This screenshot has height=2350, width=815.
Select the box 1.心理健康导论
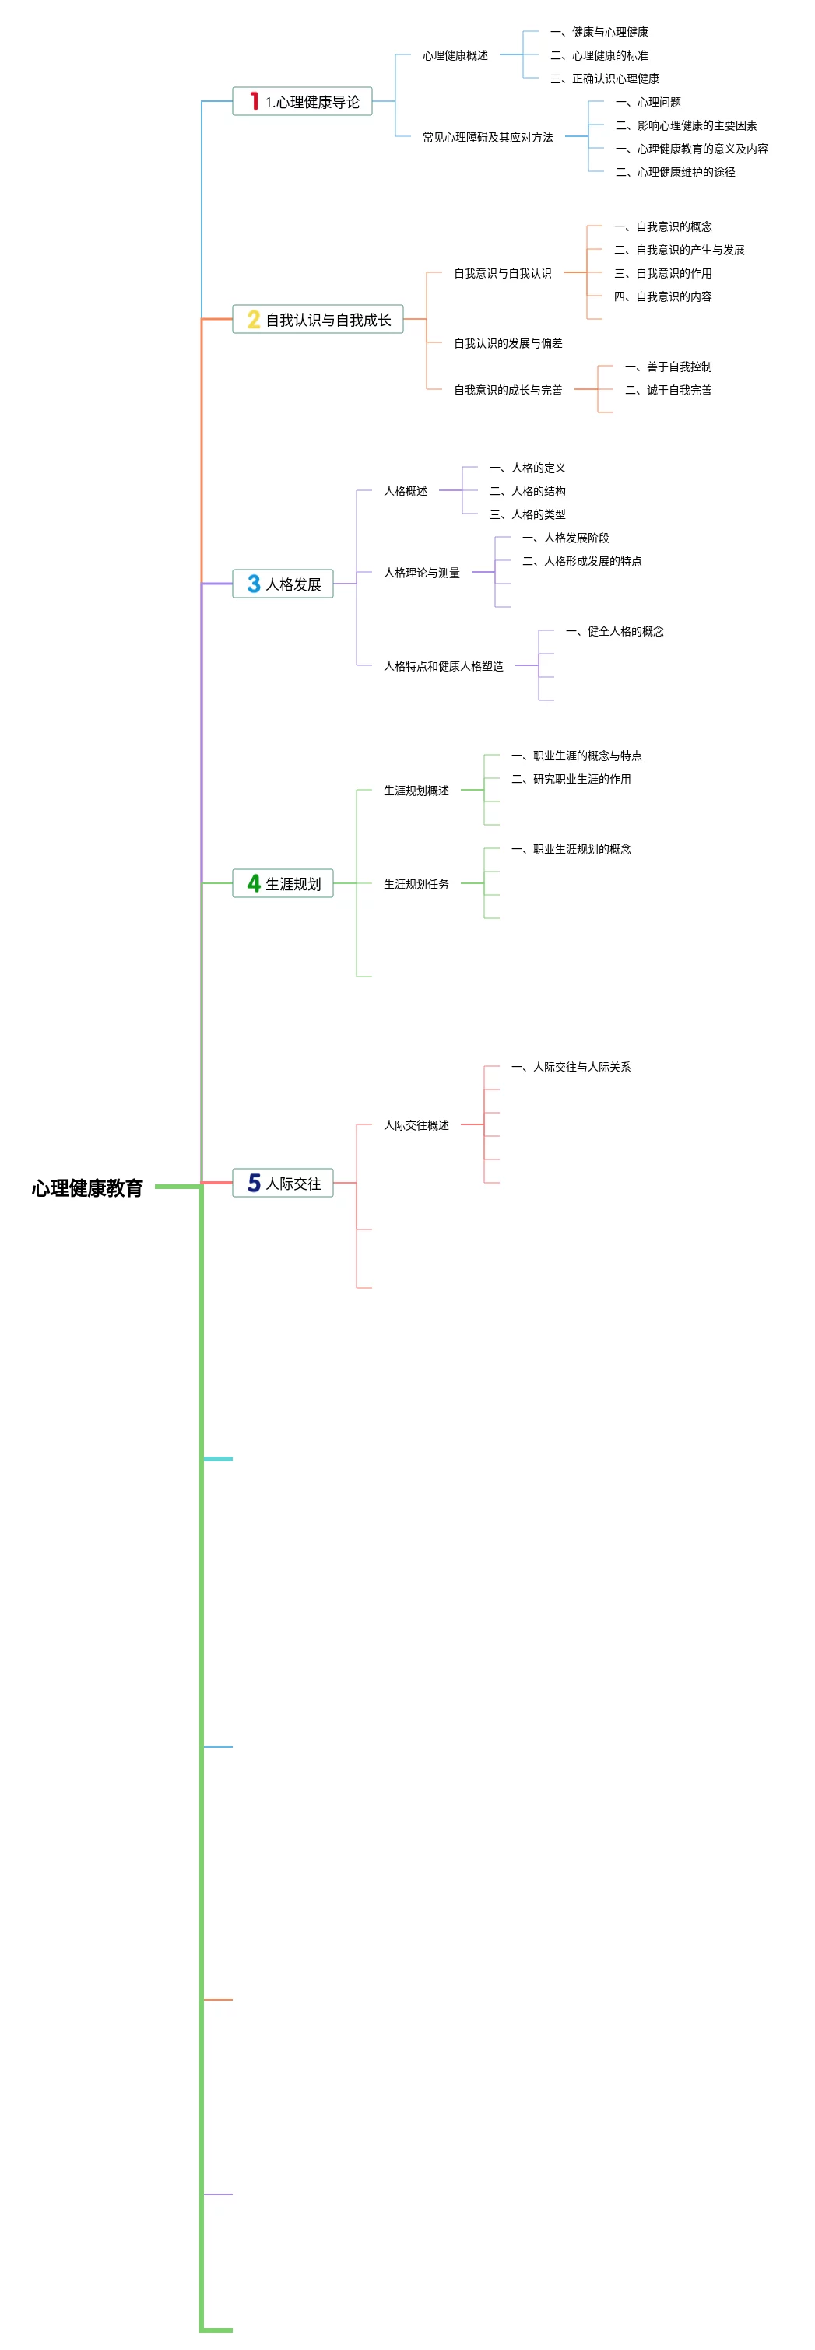point(302,101)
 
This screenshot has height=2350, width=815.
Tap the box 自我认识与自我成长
point(318,319)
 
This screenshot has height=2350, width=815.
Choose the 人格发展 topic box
point(283,584)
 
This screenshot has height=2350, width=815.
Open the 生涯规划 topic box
point(283,883)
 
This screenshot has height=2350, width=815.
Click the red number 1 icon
point(254,101)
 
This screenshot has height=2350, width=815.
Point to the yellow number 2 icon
point(254,319)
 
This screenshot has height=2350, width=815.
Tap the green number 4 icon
point(254,883)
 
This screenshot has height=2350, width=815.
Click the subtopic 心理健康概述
point(455,56)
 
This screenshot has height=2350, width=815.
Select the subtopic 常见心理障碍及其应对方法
point(487,137)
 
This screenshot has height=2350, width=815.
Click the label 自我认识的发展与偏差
point(508,343)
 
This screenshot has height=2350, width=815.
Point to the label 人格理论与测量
point(422,573)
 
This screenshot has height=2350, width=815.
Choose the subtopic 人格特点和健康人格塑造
point(444,666)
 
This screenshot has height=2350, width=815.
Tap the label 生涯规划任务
point(416,884)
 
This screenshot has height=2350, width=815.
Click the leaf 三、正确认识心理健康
point(604,79)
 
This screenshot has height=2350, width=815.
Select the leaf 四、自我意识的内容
point(662,296)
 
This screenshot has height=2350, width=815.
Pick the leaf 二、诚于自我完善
point(668,391)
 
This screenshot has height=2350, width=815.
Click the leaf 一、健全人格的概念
point(614,631)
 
